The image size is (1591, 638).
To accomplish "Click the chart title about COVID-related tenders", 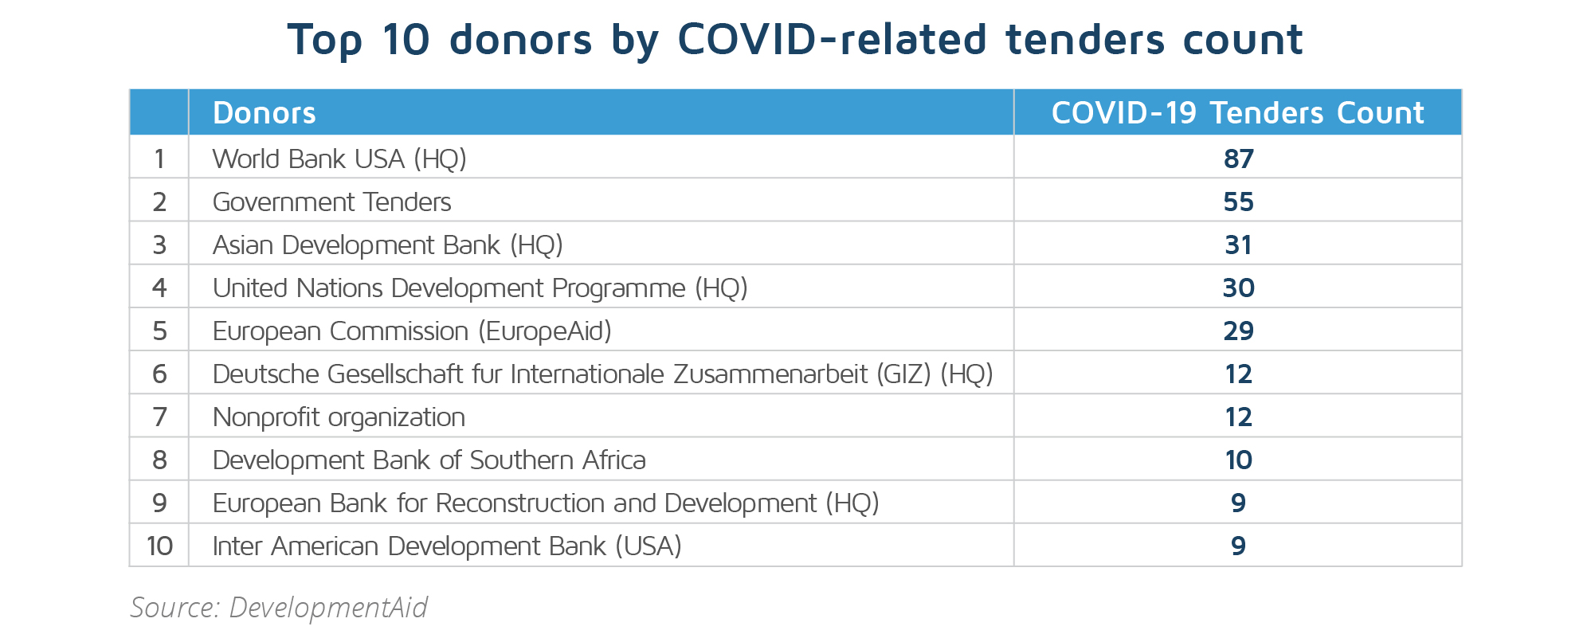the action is click(795, 40).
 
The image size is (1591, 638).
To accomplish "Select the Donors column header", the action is click(265, 113).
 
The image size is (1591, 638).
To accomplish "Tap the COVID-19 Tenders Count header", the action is click(1237, 113).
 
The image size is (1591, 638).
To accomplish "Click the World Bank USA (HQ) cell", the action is click(339, 159).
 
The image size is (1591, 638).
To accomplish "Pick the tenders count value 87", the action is click(1239, 159).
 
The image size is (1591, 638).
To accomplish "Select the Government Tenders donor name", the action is click(331, 202).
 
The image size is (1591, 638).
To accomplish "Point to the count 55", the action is click(1239, 202).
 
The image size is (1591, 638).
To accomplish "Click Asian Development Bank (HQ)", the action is click(388, 245).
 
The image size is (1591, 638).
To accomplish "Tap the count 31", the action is click(1239, 245).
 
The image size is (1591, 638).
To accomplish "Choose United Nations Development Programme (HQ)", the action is click(480, 288).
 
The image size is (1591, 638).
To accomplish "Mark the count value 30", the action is click(1239, 288).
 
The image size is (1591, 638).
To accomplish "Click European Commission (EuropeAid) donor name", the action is click(412, 331).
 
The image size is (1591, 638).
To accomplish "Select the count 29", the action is click(1239, 331).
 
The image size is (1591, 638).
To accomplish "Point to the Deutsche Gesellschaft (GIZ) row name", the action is click(603, 374).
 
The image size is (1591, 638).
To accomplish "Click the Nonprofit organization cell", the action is click(339, 417).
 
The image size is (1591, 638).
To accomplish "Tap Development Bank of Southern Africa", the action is click(429, 460).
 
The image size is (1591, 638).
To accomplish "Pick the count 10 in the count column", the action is click(1239, 460).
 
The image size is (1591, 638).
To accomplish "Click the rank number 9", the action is click(159, 503).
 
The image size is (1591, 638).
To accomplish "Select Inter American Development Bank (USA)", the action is click(447, 546).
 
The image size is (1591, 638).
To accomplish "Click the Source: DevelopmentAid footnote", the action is click(279, 608).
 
